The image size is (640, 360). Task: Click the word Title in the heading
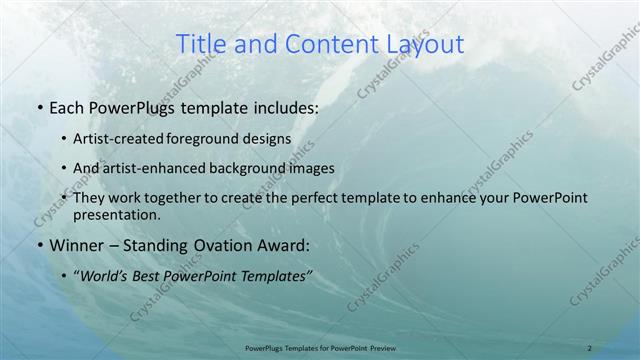pos(200,44)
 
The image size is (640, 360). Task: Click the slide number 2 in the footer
pos(589,348)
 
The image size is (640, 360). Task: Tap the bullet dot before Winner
pos(38,244)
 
